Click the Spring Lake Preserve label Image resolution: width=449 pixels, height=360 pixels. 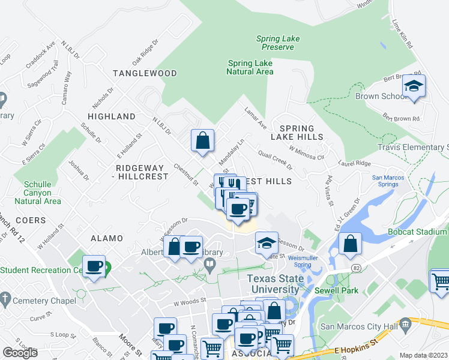(x=278, y=43)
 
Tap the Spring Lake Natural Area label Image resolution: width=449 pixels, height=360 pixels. (x=250, y=67)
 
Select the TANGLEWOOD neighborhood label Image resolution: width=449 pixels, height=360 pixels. (x=145, y=73)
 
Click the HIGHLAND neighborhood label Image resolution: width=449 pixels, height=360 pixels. (x=112, y=116)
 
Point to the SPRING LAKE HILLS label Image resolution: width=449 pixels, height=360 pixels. (x=297, y=133)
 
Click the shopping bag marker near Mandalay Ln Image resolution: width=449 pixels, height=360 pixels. (x=203, y=141)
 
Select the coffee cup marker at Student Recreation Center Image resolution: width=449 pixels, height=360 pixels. (x=94, y=266)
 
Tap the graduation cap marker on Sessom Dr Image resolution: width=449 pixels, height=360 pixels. (x=266, y=243)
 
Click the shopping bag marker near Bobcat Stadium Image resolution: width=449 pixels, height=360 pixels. (x=350, y=244)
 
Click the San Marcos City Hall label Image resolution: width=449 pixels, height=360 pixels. (x=360, y=326)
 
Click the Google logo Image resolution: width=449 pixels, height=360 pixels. (x=20, y=353)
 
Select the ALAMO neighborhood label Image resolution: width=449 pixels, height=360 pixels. (x=106, y=238)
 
